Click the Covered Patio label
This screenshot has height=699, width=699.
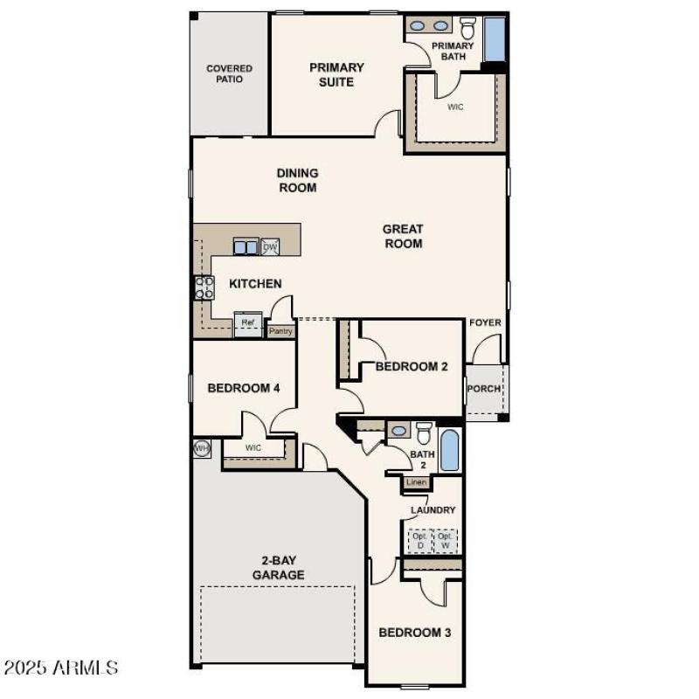point(229,73)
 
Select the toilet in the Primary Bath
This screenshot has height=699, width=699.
point(467,27)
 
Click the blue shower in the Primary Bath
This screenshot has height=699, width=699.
point(495,38)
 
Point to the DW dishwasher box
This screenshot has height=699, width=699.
point(270,247)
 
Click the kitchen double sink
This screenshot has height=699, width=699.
point(246,247)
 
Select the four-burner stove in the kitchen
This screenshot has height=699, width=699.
point(204,287)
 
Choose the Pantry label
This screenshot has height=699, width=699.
point(280,331)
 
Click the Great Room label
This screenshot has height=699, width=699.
point(403,236)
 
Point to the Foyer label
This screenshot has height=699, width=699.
point(485,322)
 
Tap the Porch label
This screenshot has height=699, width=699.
point(484,390)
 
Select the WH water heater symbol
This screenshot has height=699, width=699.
point(202,449)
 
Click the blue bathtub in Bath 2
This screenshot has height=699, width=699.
point(449,450)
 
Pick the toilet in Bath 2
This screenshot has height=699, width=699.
point(425,433)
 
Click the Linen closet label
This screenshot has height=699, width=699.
point(415,482)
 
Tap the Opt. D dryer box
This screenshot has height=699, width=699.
point(419,541)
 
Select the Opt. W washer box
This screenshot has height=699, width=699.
point(446,541)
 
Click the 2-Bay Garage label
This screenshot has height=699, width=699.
point(279,568)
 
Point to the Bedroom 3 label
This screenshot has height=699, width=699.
point(414,632)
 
